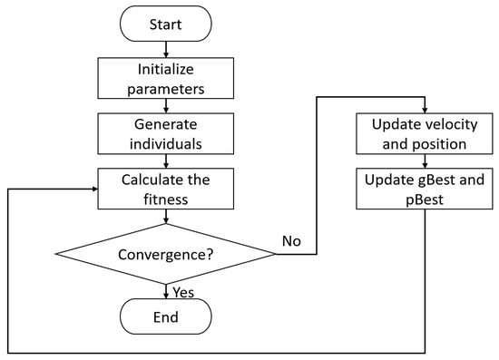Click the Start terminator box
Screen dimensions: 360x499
point(166,24)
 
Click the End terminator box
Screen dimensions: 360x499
point(166,317)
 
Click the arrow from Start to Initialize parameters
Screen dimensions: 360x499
point(166,51)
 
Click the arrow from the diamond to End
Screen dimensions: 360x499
point(166,290)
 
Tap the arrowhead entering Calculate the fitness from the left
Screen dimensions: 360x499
point(95,190)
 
